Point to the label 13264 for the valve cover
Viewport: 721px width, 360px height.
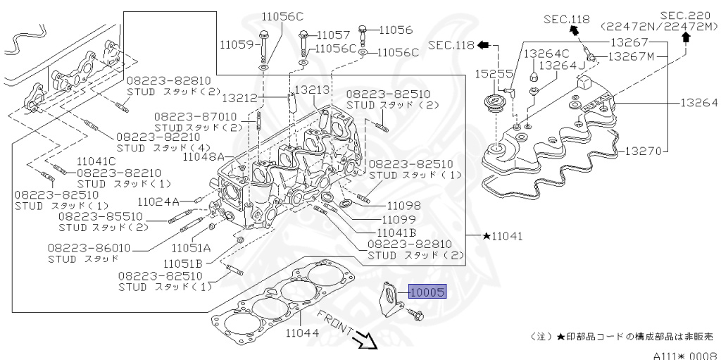pyautogui.click(x=698, y=103)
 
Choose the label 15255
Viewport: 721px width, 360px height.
pyautogui.click(x=491, y=73)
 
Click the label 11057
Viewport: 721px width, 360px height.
pyautogui.click(x=333, y=35)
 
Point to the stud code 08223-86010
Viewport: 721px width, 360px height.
pyautogui.click(x=89, y=248)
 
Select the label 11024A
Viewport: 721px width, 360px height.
pyautogui.click(x=158, y=201)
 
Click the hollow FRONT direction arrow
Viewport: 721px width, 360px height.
pyautogui.click(x=367, y=341)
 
